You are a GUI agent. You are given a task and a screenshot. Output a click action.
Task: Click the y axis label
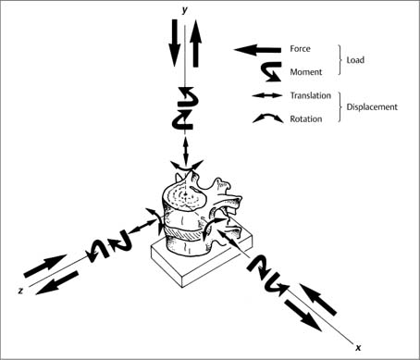coord(184,10)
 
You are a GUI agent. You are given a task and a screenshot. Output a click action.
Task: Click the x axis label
coord(358,348)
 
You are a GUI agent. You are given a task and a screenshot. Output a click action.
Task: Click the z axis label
coord(20,291)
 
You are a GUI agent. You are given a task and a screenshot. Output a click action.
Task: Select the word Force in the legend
coord(300,49)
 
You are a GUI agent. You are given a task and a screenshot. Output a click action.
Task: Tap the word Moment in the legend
coord(306,72)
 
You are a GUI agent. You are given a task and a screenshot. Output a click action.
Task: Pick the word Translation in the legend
coord(310,95)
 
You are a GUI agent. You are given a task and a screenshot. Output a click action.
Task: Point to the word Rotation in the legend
coord(306,119)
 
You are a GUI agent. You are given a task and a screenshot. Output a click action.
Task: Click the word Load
coord(355,60)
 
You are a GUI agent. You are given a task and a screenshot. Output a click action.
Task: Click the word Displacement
coord(372,107)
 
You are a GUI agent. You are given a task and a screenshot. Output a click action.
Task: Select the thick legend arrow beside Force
coord(257,50)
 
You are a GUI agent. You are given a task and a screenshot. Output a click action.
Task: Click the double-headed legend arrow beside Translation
coord(267,95)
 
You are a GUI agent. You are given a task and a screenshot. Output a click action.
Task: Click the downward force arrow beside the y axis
coord(175,43)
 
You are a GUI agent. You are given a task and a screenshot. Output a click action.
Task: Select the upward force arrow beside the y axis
coord(195,43)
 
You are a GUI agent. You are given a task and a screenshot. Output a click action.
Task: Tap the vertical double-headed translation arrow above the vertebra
coord(186,150)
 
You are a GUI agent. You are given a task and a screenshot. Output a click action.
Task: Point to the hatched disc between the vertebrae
coord(182,234)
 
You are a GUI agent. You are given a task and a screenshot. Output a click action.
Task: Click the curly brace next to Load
coord(340,60)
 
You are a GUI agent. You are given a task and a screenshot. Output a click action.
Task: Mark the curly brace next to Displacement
coord(340,107)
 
